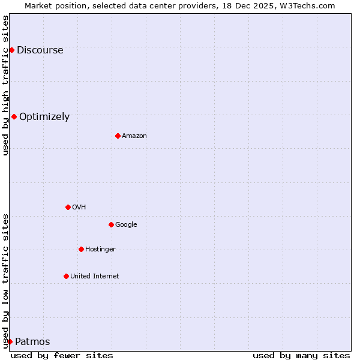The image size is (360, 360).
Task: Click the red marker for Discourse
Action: click(11, 50)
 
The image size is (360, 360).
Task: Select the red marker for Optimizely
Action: click(14, 116)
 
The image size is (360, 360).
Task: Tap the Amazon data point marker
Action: click(118, 136)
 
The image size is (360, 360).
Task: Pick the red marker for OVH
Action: click(68, 207)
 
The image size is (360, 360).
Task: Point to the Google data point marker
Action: click(111, 224)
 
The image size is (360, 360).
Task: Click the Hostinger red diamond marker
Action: click(81, 249)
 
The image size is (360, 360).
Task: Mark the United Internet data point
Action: click(66, 276)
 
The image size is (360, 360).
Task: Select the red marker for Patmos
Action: click(10, 341)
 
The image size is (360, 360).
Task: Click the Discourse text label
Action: click(40, 50)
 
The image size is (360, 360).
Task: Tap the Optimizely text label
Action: click(44, 117)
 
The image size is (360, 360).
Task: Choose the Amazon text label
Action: click(134, 136)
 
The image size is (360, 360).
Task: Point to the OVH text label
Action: click(79, 208)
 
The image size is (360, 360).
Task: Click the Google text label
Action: click(126, 225)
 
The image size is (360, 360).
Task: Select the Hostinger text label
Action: click(100, 250)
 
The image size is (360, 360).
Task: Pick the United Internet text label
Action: click(94, 277)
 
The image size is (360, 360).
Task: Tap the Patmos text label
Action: click(32, 342)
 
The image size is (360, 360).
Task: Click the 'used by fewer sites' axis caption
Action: click(62, 355)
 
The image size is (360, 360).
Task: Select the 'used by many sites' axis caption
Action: click(301, 355)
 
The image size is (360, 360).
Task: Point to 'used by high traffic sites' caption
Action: click(5, 85)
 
